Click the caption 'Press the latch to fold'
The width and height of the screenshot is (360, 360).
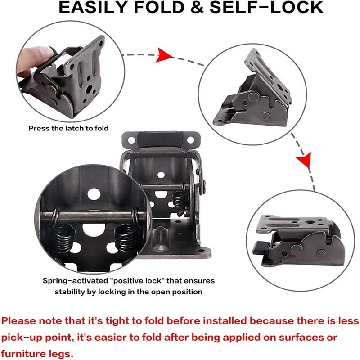pos(68,128)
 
